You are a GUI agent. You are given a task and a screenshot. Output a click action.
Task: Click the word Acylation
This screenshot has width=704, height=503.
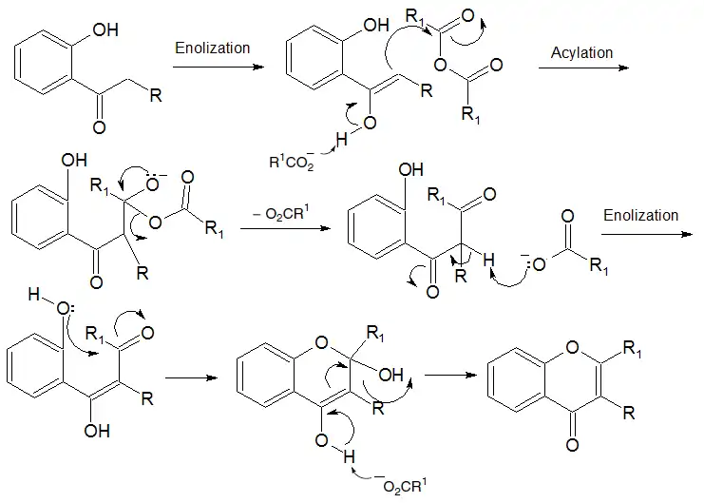[581, 52]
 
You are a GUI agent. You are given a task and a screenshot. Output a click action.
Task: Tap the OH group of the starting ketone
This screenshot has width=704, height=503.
[105, 30]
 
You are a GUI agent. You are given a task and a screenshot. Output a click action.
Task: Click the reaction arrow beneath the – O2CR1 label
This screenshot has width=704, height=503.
[281, 229]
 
